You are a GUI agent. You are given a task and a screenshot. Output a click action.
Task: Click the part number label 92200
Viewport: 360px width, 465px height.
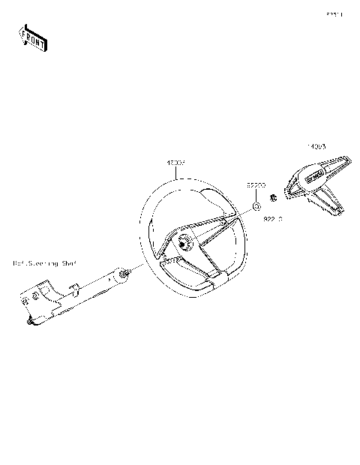pos(258,183)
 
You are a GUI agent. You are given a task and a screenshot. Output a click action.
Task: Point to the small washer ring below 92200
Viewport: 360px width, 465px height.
pos(257,205)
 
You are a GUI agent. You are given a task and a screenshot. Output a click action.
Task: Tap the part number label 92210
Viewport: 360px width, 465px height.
pos(272,219)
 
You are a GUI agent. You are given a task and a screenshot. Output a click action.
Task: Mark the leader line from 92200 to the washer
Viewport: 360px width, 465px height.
pos(257,193)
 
